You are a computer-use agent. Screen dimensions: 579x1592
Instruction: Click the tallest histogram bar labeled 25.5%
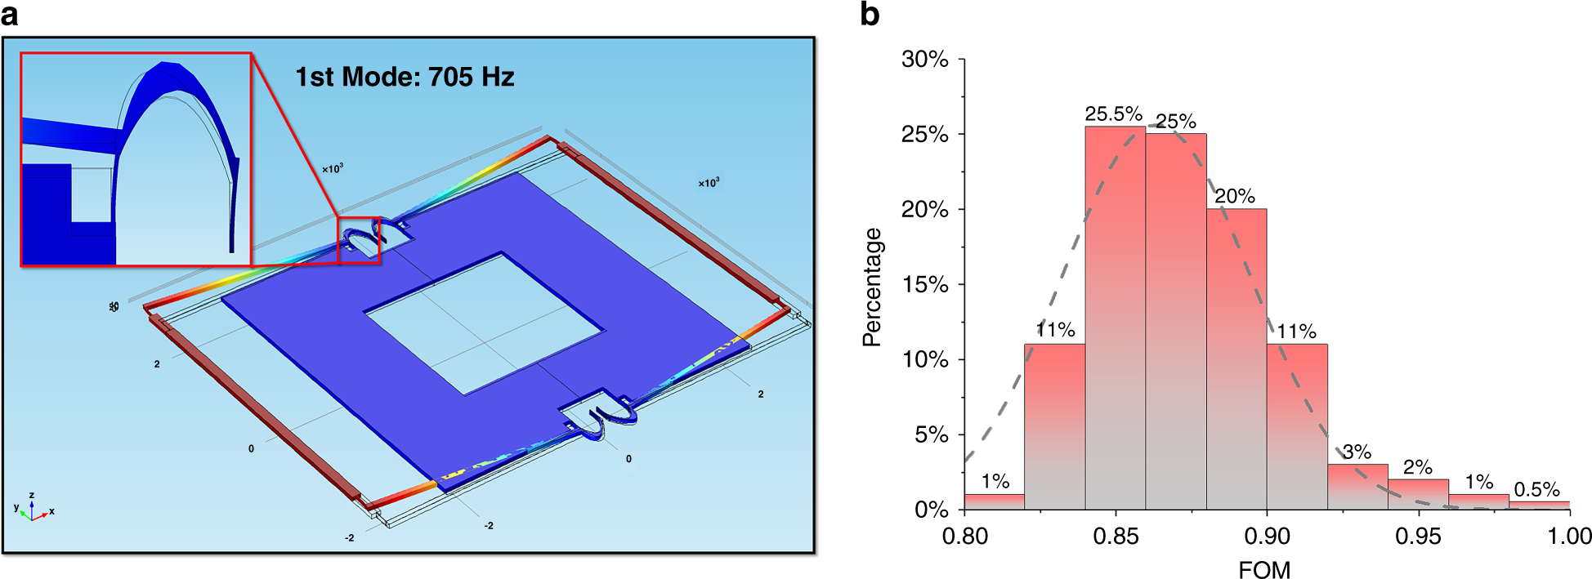pos(1115,318)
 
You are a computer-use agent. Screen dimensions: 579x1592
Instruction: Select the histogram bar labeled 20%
pos(1236,359)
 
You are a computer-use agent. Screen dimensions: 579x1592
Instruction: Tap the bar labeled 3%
pos(1357,487)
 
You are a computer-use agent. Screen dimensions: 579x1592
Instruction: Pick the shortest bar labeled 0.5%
pos(1539,505)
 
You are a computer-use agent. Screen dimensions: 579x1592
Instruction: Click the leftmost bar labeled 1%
pos(994,501)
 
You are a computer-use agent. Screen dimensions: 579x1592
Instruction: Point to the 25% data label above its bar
pos(1175,122)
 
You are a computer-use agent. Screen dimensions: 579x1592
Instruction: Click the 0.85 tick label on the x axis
pos(1116,537)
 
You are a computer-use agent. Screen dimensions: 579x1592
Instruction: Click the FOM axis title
pos(1264,569)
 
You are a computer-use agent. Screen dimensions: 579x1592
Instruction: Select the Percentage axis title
pos(873,287)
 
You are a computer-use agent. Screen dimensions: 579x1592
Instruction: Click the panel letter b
pos(870,14)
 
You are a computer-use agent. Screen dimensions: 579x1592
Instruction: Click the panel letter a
pos(10,14)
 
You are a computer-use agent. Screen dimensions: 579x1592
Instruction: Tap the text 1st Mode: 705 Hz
pos(405,77)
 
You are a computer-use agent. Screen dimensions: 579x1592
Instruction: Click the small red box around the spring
pos(359,239)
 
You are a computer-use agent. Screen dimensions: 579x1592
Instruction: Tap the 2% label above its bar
pos(1417,467)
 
